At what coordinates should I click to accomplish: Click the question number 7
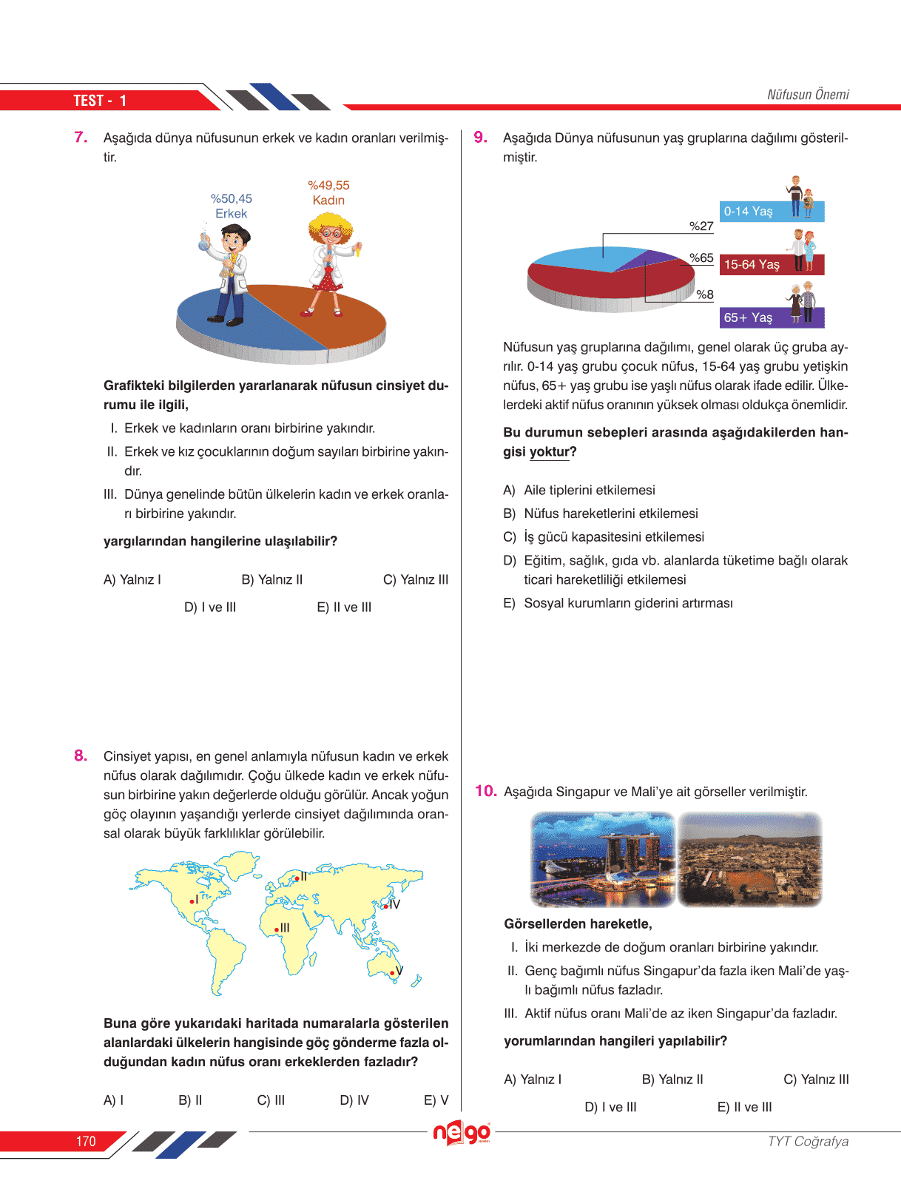click(81, 138)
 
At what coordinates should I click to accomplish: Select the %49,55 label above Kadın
click(328, 185)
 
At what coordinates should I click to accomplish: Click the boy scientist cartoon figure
click(229, 274)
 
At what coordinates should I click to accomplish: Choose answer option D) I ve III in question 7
click(210, 607)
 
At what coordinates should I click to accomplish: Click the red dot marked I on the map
click(192, 901)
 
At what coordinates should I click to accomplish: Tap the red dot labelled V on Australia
click(392, 973)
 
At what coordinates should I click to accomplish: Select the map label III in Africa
click(285, 928)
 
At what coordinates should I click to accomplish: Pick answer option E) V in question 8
click(436, 1100)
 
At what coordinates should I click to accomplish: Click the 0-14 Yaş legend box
click(771, 212)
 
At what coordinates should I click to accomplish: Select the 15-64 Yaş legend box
click(771, 265)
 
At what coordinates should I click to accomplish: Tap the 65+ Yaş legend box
click(771, 317)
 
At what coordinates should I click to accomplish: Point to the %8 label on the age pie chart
click(705, 294)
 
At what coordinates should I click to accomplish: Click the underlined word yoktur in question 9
click(550, 452)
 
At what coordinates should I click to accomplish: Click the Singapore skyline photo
click(603, 859)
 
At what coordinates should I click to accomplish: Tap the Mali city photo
click(749, 859)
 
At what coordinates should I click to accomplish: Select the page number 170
click(86, 1142)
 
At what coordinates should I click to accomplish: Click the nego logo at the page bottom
click(462, 1133)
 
